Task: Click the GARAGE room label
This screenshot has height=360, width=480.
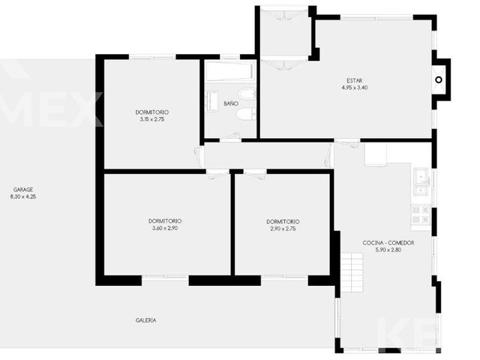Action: [23, 190]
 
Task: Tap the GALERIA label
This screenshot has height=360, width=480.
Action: [145, 320]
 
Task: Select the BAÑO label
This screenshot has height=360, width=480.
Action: [230, 103]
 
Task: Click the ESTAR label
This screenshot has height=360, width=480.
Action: [355, 81]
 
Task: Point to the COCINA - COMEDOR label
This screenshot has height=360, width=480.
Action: [388, 243]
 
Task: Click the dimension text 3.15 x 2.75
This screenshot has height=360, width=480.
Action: [152, 119]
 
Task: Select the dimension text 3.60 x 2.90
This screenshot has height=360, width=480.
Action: [165, 228]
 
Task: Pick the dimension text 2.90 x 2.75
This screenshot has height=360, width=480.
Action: [283, 229]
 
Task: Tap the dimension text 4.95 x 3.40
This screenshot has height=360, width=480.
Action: [355, 88]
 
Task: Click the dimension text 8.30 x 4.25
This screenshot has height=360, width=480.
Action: [23, 196]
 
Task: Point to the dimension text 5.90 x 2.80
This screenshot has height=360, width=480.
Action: [388, 250]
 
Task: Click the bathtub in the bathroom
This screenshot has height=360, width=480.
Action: [229, 71]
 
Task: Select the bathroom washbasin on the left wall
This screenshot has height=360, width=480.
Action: [211, 100]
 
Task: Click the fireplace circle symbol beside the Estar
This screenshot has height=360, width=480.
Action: [439, 80]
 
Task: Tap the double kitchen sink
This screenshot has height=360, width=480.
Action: [421, 181]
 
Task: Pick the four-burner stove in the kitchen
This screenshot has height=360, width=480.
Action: [421, 214]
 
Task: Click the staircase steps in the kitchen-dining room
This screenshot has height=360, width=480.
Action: [352, 272]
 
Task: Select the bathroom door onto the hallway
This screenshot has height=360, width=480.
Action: [230, 138]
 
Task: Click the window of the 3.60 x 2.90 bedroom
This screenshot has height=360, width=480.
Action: [165, 277]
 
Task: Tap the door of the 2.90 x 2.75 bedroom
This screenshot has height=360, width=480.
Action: [255, 174]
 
